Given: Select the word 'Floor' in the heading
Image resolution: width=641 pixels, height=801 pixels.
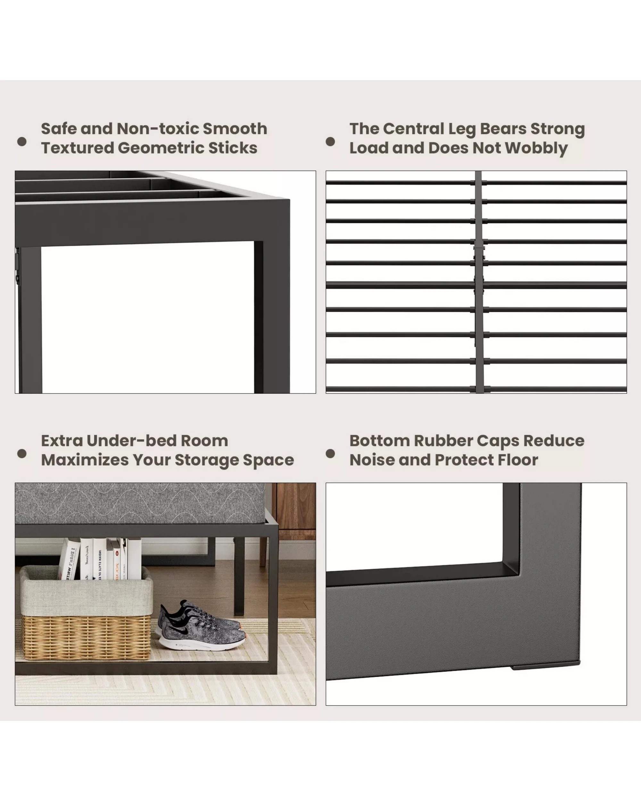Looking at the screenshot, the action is coord(518,460).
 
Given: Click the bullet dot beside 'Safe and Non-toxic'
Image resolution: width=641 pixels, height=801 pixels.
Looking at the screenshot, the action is coord(22,142).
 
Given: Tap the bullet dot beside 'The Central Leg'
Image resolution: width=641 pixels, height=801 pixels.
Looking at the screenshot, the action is coord(330,142).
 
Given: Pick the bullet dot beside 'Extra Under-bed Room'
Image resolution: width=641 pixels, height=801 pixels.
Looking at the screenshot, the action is coord(22,454).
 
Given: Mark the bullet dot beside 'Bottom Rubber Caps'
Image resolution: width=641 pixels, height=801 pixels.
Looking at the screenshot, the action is coord(330,454).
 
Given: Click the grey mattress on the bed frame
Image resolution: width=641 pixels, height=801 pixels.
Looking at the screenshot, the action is coord(140,503).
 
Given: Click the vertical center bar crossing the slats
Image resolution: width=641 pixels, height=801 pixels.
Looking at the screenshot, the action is coord(479,282).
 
